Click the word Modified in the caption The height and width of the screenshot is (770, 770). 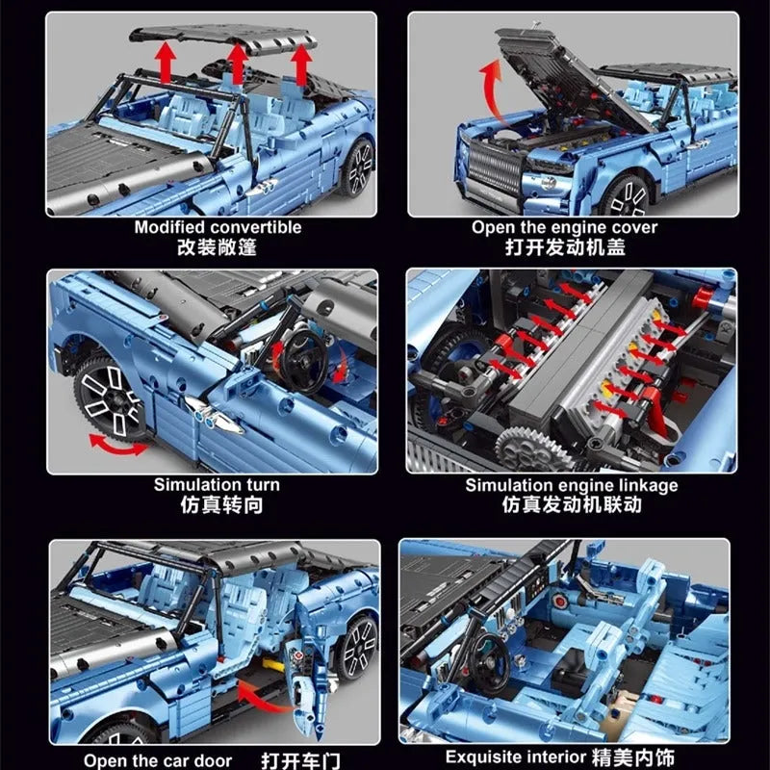(x=170, y=227)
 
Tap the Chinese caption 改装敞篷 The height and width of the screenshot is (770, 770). (x=217, y=247)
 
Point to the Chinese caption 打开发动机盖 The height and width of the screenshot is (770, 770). (x=565, y=247)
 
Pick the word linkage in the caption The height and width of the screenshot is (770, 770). (x=648, y=486)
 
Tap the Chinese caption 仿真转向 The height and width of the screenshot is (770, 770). (x=221, y=504)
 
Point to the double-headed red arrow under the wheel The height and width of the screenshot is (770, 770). (x=117, y=444)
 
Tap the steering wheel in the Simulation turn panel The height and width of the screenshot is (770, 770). (x=303, y=362)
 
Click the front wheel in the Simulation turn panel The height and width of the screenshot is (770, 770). (x=111, y=398)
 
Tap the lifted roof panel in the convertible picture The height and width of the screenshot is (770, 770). (x=223, y=38)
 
